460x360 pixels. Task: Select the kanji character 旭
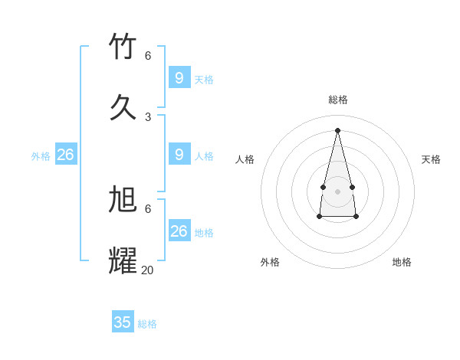point(123,199)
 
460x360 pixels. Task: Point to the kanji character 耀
point(123,260)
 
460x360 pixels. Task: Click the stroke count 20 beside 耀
point(147,270)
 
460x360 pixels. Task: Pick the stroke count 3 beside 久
point(148,116)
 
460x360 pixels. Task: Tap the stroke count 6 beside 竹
point(148,55)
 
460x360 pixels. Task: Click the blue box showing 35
point(123,322)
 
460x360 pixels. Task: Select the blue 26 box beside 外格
point(66,155)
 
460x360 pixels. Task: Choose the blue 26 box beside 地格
point(179,231)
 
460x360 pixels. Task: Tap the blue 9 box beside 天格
point(179,78)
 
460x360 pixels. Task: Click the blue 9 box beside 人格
point(179,155)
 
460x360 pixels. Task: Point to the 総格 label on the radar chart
point(338,100)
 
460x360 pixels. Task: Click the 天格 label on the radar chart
point(431,159)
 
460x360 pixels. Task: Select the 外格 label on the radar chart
point(270,262)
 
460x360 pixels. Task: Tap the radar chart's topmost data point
point(337,129)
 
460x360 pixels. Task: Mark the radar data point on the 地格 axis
point(356,217)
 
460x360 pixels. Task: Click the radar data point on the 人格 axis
point(323,187)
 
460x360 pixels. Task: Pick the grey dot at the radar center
point(337,191)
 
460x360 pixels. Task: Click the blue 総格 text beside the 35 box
point(147,324)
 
